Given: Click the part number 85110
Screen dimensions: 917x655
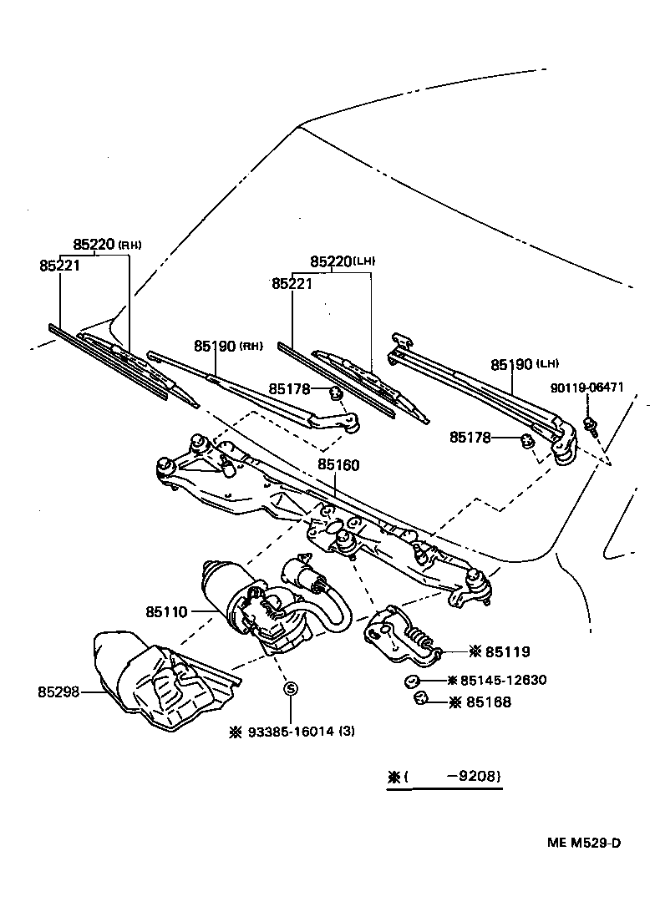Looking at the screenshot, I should tap(167, 612).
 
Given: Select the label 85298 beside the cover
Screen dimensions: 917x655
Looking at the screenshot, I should tap(58, 692).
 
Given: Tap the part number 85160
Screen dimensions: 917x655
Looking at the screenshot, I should tap(338, 465).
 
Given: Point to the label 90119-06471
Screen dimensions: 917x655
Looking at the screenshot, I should tap(586, 388).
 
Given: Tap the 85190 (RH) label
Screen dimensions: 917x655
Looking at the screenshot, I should tap(216, 345).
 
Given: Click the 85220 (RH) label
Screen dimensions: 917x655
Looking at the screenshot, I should tap(94, 244).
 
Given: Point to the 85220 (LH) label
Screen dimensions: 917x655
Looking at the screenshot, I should tap(333, 261).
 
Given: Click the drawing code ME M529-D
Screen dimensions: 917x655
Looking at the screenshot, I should tap(583, 842).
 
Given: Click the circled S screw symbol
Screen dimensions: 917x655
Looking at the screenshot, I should tap(291, 689).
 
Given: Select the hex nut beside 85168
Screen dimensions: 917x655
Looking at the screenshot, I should tap(421, 700).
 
